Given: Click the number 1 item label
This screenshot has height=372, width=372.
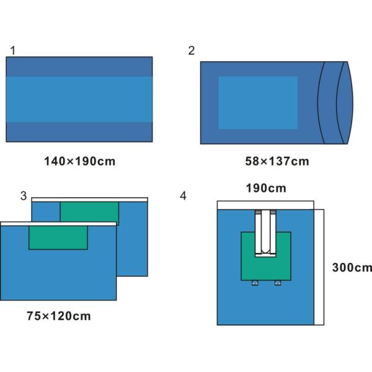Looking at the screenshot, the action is tap(13, 51).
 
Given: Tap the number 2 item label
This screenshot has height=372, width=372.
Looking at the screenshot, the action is tap(192, 51).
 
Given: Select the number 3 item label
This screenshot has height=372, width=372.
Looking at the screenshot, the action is tap(24, 196).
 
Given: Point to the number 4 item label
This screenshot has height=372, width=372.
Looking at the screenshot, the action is tap(183, 196).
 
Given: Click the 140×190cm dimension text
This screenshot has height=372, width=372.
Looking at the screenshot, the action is tap(80, 161).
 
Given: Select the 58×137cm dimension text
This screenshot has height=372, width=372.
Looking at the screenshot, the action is tap(277, 161).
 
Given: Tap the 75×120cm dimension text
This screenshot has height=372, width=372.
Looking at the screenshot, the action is tap(59, 316).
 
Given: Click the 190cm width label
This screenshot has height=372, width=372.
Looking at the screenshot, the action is tap(266, 188).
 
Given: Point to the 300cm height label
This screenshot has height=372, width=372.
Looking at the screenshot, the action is tap(352, 268).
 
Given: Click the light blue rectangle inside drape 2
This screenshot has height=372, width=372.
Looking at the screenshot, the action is tap(258, 103).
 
